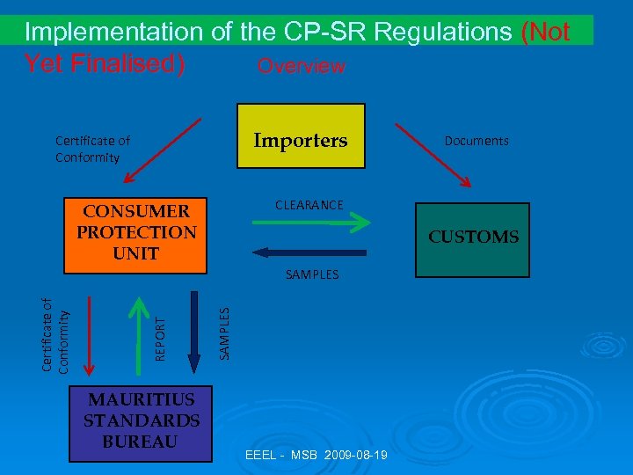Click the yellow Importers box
[301, 136]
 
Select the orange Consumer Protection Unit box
[135, 232]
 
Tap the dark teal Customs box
[473, 238]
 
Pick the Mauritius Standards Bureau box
[142, 421]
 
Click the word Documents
[477, 141]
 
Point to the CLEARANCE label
[309, 205]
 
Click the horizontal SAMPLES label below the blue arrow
[312, 275]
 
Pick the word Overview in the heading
[301, 67]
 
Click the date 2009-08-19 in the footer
[357, 455]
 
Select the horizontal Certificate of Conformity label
[91, 149]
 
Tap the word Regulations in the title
[443, 33]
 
